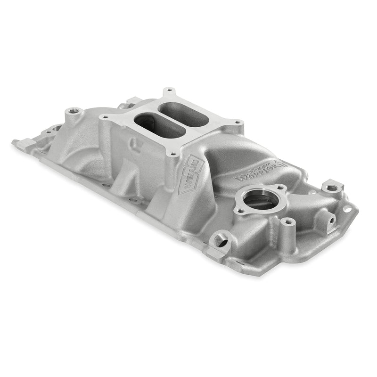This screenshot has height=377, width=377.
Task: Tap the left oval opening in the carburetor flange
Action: [152, 125]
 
